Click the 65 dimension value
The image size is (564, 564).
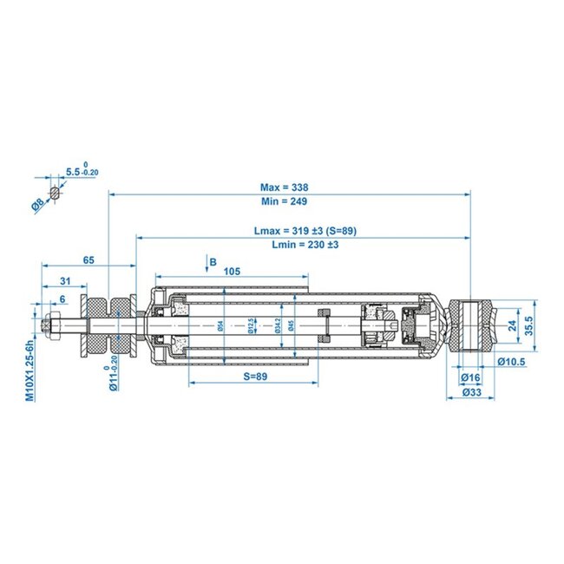pos(89,259)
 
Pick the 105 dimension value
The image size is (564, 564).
pos(232,271)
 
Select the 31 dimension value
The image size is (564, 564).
pos(65,280)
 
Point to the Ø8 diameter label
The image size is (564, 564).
pos(37,205)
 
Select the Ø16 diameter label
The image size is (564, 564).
pos(471,377)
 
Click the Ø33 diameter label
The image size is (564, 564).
pos(471,393)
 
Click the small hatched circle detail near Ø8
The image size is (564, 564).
pos(54,192)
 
